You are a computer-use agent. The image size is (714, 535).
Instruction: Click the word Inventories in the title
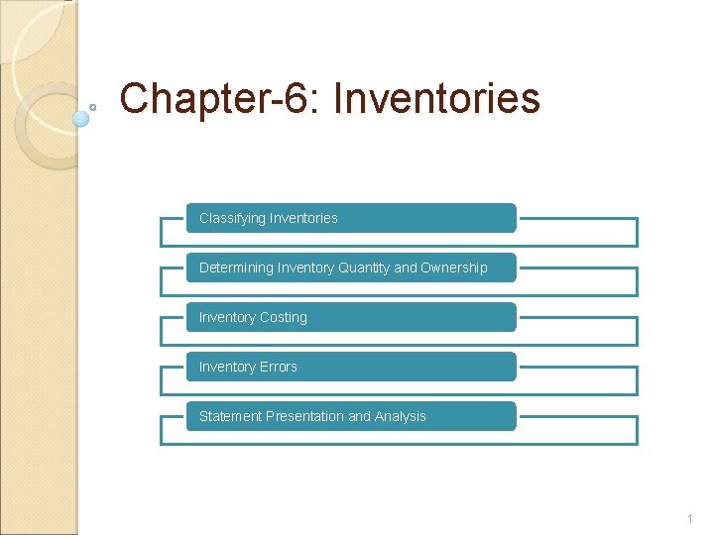[437, 100]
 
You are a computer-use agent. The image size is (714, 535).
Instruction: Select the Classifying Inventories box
[351, 218]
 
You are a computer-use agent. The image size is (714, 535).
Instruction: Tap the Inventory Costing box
[351, 317]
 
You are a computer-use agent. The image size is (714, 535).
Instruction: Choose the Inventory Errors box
[351, 367]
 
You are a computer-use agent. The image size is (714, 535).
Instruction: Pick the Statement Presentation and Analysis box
[351, 416]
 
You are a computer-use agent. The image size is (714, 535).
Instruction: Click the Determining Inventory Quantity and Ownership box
[351, 267]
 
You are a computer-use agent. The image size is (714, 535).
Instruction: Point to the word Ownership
[454, 267]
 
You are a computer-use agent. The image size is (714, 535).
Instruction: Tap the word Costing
[284, 317]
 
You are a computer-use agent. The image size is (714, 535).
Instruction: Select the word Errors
[279, 367]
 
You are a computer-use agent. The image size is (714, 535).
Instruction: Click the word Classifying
[232, 218]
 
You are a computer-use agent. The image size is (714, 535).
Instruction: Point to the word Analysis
[401, 416]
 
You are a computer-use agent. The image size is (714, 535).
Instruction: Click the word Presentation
[301, 416]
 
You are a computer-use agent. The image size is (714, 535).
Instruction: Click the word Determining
[236, 267]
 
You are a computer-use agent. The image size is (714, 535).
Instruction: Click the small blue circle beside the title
[81, 118]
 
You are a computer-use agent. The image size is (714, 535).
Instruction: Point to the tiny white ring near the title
[93, 106]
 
